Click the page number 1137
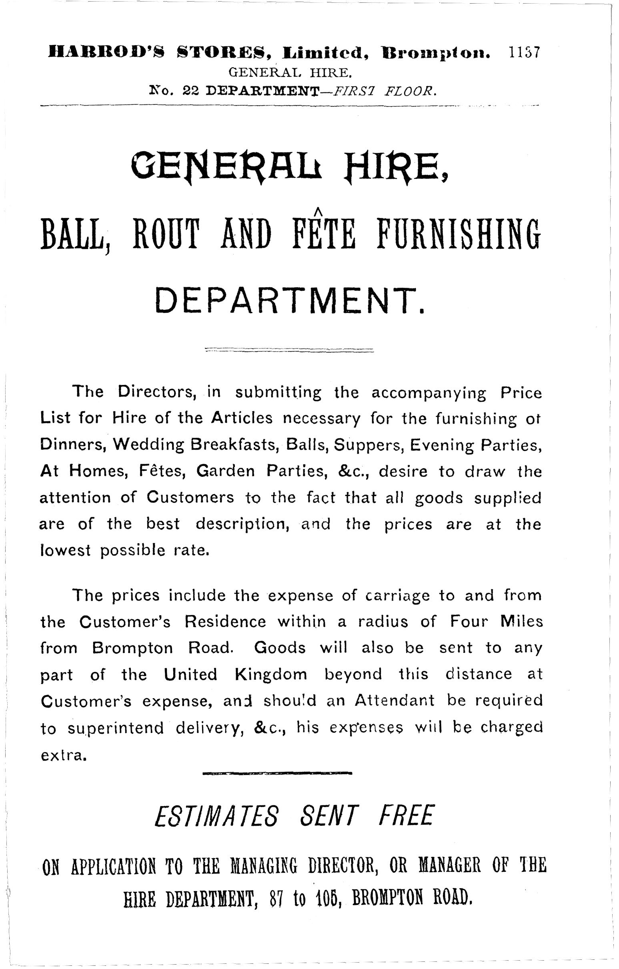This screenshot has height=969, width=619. click(524, 53)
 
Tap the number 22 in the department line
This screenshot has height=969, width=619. click(191, 91)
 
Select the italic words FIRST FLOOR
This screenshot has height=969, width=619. click(382, 91)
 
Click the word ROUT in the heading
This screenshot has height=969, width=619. click(165, 234)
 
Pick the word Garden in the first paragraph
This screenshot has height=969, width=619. click(225, 471)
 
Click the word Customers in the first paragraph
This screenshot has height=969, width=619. click(190, 498)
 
